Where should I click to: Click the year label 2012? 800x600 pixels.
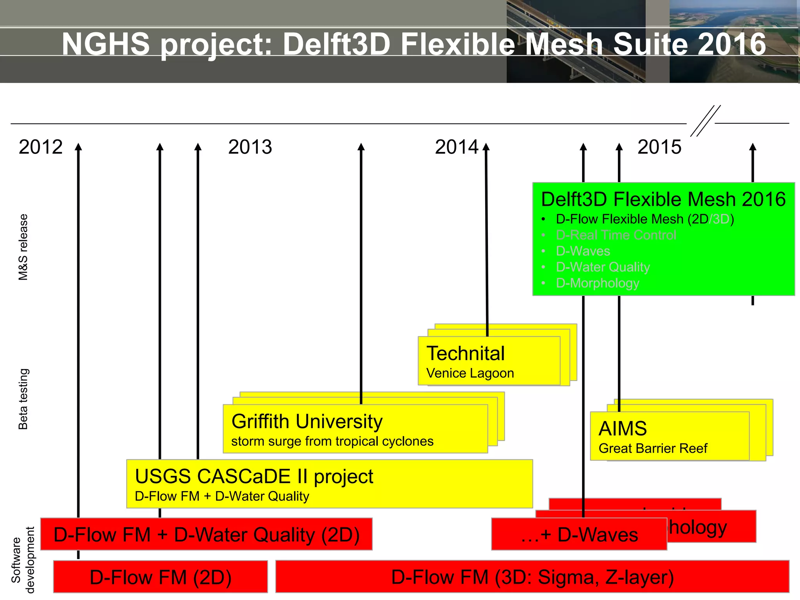tap(41, 147)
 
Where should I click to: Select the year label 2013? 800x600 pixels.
tap(250, 147)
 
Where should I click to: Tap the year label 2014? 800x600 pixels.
tap(457, 147)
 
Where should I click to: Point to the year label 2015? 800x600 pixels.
tap(659, 147)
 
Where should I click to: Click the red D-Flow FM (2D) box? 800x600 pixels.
tap(161, 577)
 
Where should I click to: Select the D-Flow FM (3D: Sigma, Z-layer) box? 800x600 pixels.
tap(532, 577)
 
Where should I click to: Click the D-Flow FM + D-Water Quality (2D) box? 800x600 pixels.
tap(206, 534)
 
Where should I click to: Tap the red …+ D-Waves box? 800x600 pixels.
tap(579, 534)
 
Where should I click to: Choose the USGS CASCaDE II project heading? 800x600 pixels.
tap(254, 476)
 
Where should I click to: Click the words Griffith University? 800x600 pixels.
tap(307, 421)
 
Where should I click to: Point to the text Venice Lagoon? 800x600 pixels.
tap(470, 373)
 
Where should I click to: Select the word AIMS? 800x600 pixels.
tap(623, 429)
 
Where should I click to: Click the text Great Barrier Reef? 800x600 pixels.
tap(653, 448)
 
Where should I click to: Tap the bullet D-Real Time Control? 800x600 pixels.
tap(616, 235)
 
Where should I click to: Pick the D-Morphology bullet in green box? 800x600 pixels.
tap(597, 283)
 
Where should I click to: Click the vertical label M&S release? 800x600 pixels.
tap(23, 247)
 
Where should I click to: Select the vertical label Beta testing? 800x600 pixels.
tap(23, 399)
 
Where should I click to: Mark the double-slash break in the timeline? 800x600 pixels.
tap(705, 121)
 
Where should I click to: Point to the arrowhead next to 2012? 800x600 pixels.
tap(79, 147)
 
